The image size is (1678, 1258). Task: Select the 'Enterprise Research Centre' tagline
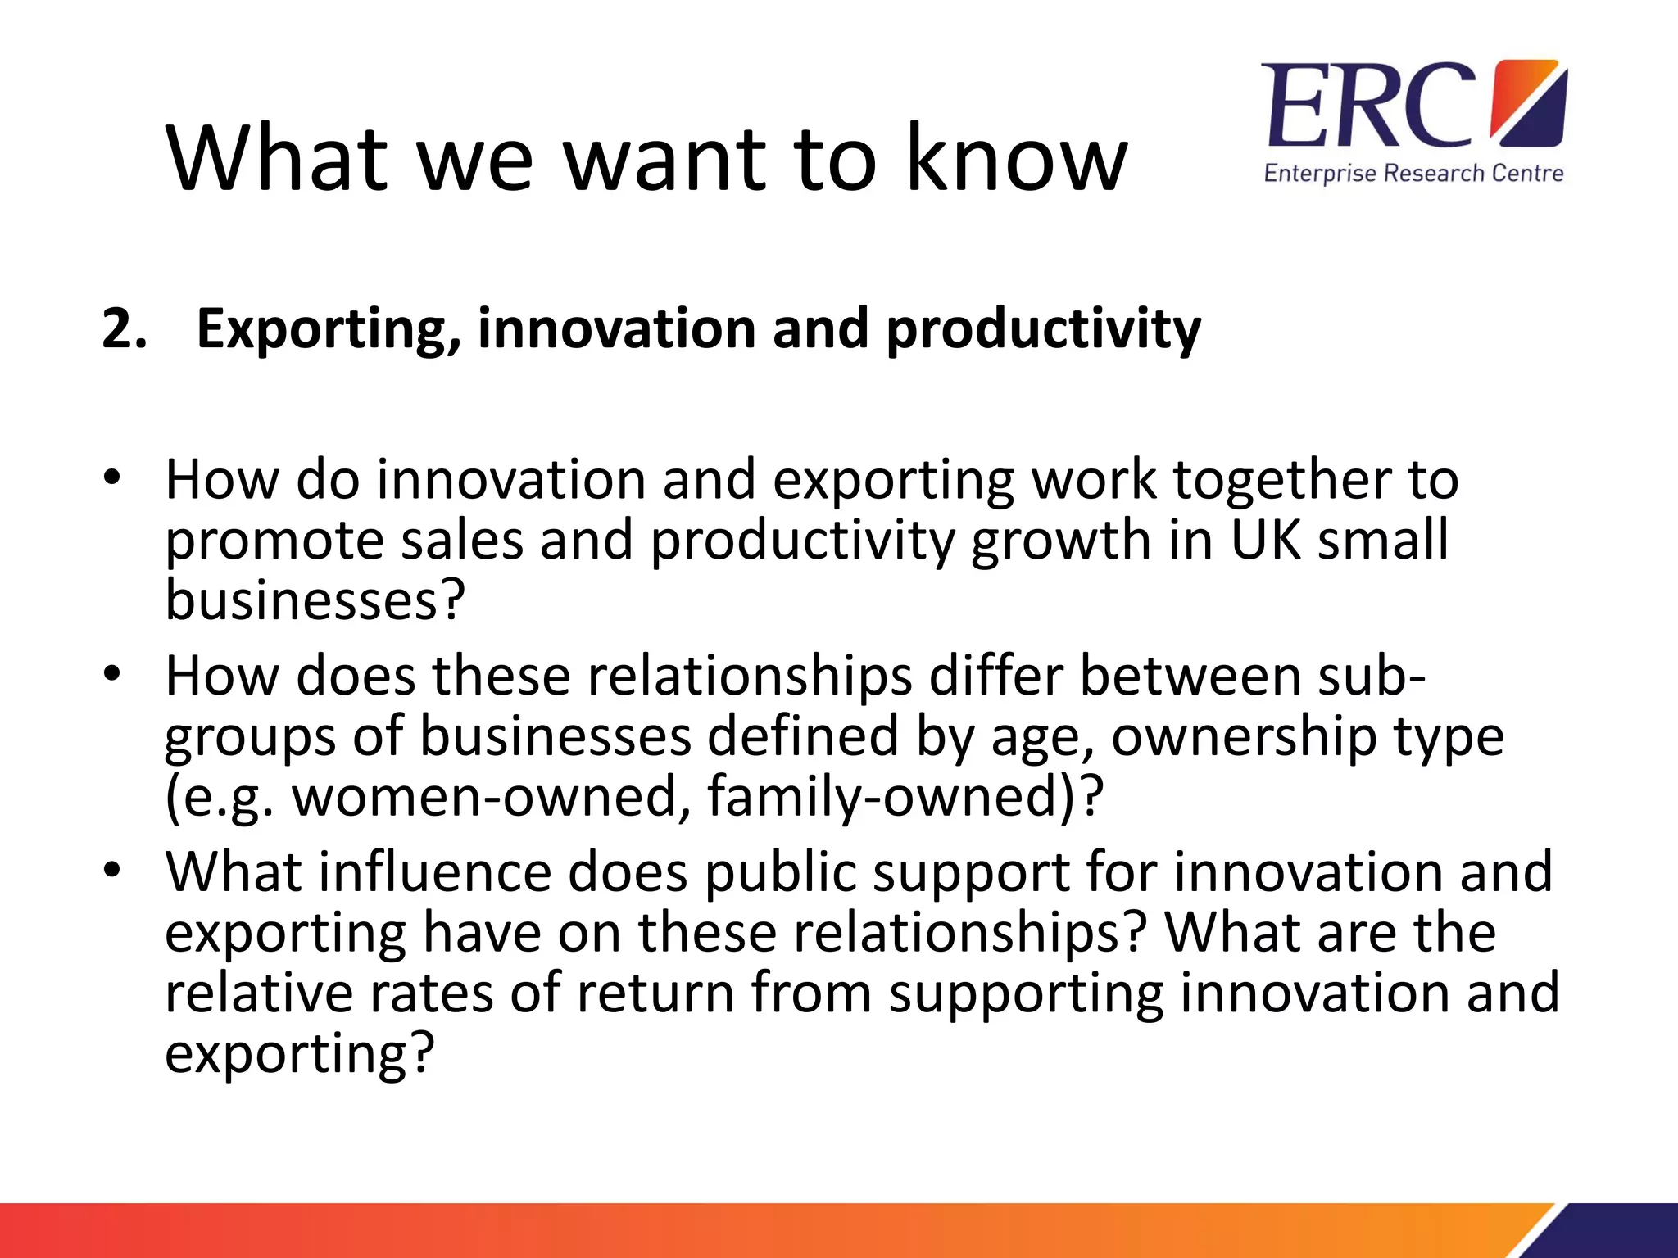click(x=1413, y=174)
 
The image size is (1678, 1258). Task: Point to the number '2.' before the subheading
click(x=125, y=329)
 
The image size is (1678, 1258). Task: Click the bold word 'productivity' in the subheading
click(x=1043, y=329)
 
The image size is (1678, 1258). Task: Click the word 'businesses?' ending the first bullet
click(x=315, y=600)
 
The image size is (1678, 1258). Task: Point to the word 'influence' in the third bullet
click(x=435, y=871)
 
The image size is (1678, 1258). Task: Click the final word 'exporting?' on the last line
click(x=299, y=1053)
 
